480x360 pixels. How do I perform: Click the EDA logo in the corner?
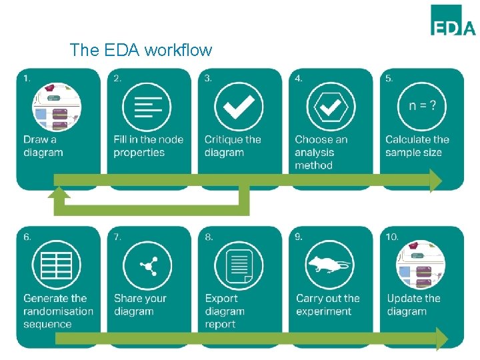coord(453,20)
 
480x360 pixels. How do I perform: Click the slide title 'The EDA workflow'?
coord(141,50)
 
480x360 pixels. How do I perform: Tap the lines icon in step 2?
coord(147,107)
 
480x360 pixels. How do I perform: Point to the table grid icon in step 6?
coord(57,265)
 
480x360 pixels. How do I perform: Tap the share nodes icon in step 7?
coord(147,265)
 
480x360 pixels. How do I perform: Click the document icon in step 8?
coord(238,265)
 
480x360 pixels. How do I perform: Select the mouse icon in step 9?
coord(329,265)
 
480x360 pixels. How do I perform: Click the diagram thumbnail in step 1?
coord(57,107)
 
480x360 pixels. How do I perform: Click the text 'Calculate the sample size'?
coord(417,146)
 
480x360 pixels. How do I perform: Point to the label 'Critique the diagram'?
coord(233,146)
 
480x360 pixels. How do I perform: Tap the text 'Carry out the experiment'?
coord(328,305)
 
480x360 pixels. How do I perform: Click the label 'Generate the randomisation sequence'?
coord(58,311)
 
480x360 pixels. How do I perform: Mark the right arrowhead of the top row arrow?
coord(436,180)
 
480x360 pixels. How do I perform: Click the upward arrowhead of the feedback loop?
coord(59,192)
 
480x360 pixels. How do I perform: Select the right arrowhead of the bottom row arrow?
coord(441,339)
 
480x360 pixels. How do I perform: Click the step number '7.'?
coord(117,237)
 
